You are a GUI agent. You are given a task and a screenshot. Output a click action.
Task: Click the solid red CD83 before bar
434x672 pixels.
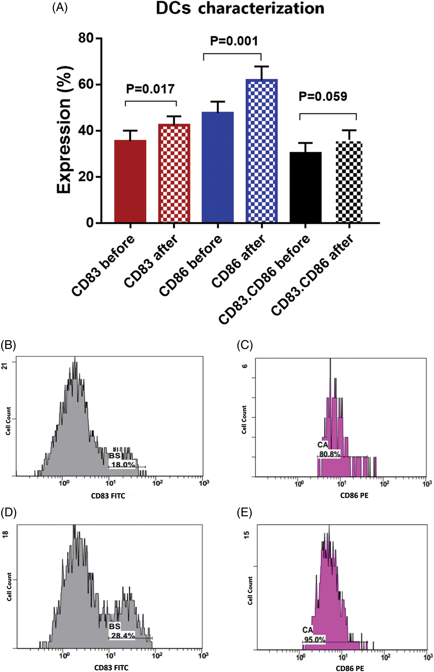coord(130,181)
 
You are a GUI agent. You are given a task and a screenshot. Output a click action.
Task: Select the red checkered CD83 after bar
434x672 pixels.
coord(174,173)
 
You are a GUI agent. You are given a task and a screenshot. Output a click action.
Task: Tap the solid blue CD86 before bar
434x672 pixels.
coord(217,167)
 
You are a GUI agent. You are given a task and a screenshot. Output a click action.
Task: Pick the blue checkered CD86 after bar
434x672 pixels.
coord(262,151)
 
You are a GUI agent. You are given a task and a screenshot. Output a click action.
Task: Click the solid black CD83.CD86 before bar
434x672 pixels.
coord(305,187)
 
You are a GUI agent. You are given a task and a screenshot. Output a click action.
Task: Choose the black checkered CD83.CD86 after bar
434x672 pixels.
coord(349,182)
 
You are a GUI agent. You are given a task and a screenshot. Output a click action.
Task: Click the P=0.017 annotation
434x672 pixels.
coord(150,89)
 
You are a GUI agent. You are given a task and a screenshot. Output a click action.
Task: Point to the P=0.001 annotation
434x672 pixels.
coord(234,41)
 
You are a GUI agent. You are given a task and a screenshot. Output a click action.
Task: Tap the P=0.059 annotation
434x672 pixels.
coord(323,96)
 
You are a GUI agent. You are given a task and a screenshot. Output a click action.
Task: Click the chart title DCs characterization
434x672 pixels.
coord(240,8)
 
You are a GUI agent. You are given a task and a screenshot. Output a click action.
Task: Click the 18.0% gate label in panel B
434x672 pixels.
coord(123,465)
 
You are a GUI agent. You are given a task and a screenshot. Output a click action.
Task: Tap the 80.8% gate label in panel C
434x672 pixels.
coord(329,454)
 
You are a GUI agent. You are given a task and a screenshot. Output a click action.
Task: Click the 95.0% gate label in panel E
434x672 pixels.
coord(314,639)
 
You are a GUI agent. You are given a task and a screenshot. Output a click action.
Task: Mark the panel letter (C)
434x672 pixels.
coord(244,345)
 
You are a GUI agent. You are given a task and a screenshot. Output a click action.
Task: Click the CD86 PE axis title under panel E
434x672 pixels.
coord(350,668)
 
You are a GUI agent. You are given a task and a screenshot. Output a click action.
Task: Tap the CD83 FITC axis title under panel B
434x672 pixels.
coord(108,496)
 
